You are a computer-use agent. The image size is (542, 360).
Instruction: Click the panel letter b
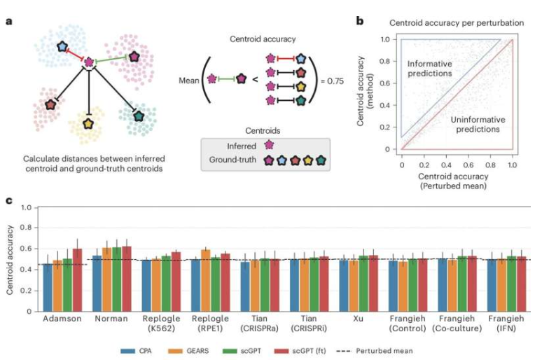360,20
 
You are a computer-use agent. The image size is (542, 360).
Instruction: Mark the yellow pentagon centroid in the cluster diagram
88,124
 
